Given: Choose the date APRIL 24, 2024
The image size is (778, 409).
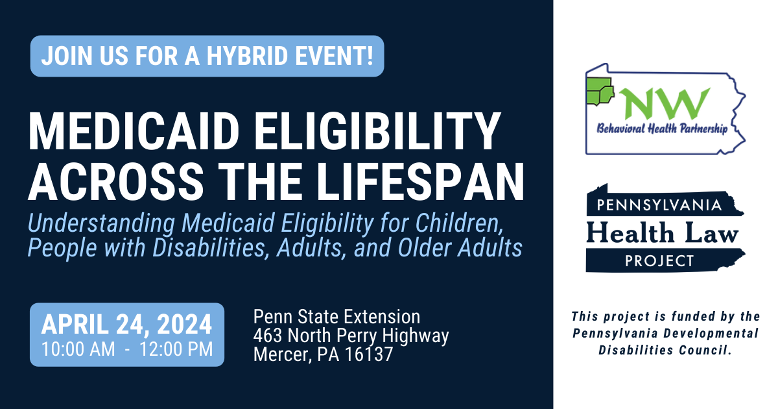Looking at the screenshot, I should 127,323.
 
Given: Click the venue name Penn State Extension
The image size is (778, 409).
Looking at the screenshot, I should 336,317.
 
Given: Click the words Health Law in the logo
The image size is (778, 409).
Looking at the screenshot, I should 662,232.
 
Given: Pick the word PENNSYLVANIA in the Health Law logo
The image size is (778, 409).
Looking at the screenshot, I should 663,206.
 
